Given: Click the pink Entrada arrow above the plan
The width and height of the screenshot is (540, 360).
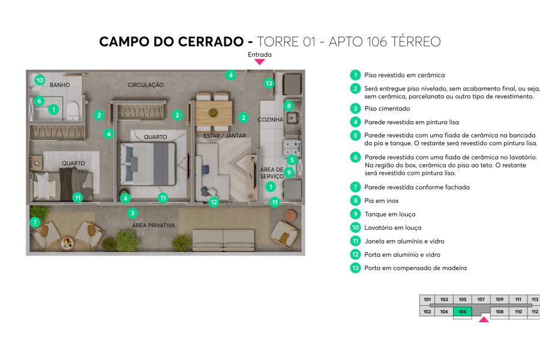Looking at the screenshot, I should coord(260,61).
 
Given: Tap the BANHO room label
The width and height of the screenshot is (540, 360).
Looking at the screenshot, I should coord(60,85).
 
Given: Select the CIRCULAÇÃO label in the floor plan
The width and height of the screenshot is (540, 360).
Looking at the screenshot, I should coord(145,85).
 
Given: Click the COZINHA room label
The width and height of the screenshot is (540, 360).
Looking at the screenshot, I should coord(270,120).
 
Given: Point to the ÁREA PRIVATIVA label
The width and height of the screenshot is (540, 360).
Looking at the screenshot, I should coord(154,226).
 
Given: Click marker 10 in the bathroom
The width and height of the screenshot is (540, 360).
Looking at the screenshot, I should coord(39,79).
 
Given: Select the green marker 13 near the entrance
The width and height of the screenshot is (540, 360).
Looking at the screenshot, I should coord(269,83).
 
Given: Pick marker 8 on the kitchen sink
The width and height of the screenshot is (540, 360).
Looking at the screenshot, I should coord(289,106).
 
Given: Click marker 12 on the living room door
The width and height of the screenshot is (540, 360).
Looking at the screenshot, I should coord(214,202).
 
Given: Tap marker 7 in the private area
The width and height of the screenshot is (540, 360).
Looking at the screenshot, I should coord(35,222).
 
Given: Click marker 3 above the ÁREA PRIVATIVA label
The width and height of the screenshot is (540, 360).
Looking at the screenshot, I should coord(133,212).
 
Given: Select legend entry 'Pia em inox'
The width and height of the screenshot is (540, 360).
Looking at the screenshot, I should coord(381,201).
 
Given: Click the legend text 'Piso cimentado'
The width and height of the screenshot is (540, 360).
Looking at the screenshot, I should coord(387,109).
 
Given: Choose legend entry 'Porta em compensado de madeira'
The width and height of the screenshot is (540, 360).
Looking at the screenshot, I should coord(415,268).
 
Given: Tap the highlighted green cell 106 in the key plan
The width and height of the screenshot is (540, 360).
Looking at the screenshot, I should coord(462,311).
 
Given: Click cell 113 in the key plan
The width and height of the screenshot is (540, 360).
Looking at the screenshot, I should coord(535,299).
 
